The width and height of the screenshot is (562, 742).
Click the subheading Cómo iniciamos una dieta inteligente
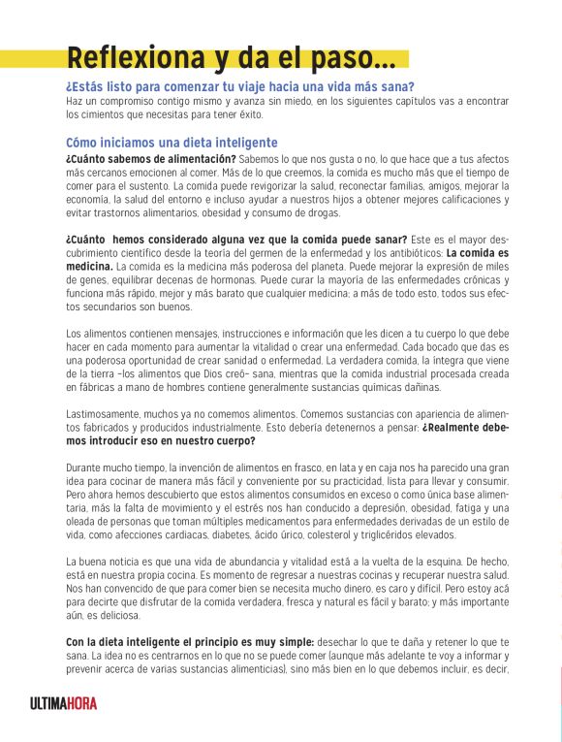click(172, 142)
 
